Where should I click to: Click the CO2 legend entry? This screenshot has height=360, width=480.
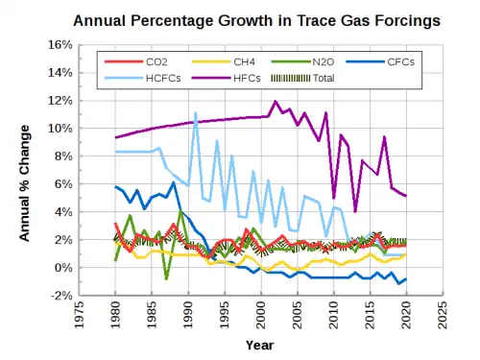136,61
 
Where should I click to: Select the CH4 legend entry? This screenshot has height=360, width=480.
224,61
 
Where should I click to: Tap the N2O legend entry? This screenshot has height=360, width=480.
302,61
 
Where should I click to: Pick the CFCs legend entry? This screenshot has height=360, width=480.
380,61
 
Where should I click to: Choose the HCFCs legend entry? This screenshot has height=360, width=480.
143,78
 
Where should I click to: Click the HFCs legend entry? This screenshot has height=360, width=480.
227,78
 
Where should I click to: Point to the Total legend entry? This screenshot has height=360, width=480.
302,78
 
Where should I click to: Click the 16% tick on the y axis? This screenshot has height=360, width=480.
60,45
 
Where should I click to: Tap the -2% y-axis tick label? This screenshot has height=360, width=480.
61,296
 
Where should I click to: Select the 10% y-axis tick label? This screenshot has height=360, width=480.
60,129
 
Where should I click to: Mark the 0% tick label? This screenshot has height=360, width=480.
63,268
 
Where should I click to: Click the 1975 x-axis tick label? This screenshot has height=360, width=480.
79,315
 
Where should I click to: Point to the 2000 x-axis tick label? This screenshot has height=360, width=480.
261,315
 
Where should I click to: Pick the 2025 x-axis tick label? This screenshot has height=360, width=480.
443,315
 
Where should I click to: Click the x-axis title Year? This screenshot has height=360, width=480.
260,346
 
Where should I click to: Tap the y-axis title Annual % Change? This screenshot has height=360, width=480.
24,183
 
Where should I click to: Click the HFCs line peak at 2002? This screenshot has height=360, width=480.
276,102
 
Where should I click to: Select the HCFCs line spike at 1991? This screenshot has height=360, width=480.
195,113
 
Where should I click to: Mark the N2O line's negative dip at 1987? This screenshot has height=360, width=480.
166,278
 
